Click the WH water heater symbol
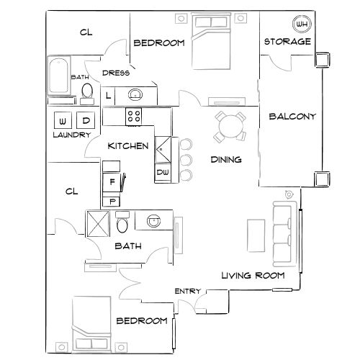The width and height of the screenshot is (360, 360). coord(302,24)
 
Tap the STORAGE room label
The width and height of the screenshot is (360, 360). coord(287,42)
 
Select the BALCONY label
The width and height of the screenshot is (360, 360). coord(292,116)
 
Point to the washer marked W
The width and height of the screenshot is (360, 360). coord(62,120)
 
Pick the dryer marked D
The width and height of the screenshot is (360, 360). coord(86,120)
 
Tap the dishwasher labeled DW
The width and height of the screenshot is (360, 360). coord(162,173)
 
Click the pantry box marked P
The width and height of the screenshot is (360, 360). coord(112,200)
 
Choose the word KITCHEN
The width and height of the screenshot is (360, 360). coord(128,146)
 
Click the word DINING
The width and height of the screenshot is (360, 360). coord(225,160)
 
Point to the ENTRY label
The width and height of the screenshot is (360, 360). coord(187,291)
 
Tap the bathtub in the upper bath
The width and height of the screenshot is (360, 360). coord(58,78)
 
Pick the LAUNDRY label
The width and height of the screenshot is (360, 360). coord(71,135)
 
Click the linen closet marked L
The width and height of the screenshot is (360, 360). coord(108,95)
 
